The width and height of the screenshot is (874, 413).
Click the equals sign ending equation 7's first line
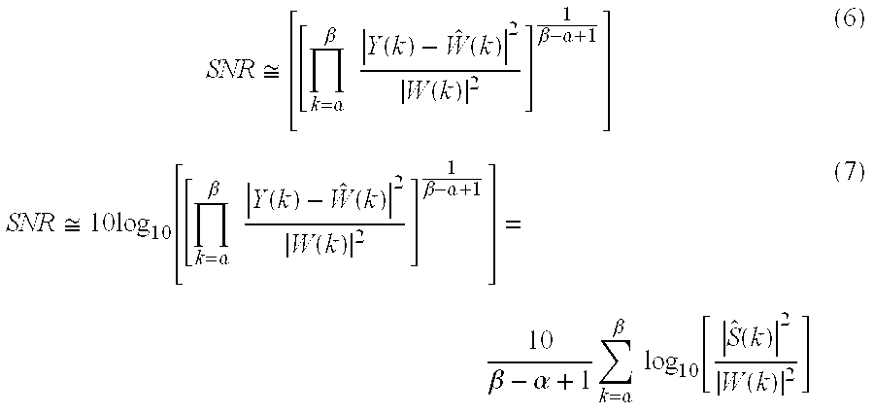pyautogui.click(x=514, y=224)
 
